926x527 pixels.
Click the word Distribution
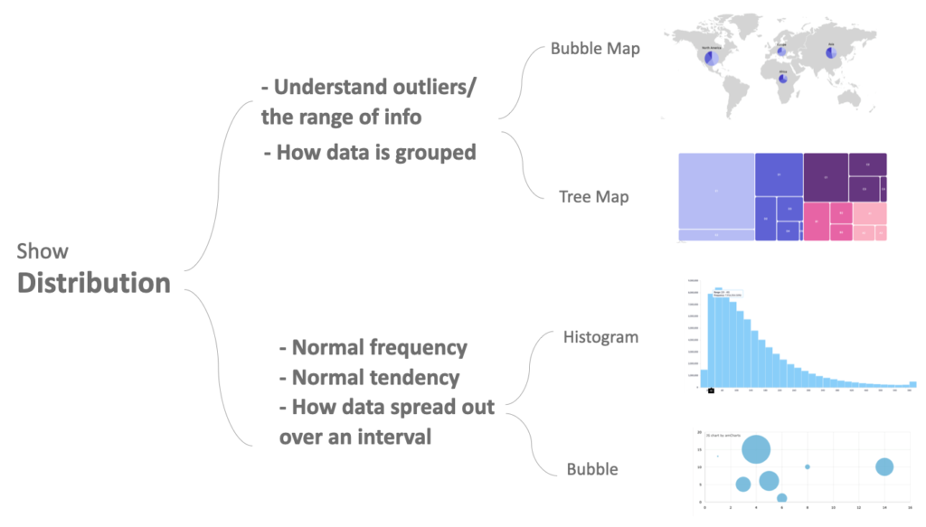click(94, 282)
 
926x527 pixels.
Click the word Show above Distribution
click(42, 251)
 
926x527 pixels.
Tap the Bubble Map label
click(595, 49)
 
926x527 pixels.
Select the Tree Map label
click(593, 196)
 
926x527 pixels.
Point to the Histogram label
click(600, 337)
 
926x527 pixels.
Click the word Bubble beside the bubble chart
click(592, 469)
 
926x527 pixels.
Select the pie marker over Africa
click(783, 78)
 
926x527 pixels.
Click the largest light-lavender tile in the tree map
click(716, 191)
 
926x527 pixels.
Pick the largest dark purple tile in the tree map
click(826, 177)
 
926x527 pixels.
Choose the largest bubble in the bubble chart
click(756, 448)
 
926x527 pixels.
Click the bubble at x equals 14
click(884, 466)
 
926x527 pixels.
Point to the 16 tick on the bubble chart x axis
click(910, 507)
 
